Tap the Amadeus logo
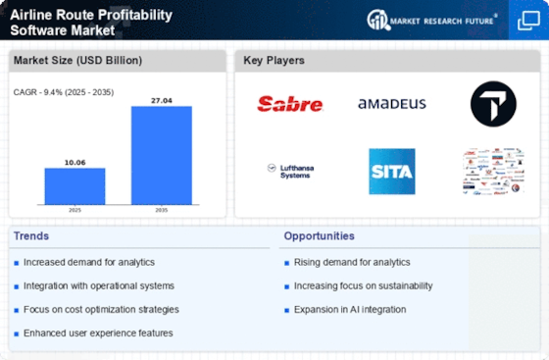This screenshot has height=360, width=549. pos(391,103)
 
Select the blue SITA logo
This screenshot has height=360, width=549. pos(391,171)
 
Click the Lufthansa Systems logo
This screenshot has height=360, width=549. pos(287,171)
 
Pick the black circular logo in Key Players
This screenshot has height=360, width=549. pos(492,103)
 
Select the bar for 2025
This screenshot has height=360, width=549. pos(75,185)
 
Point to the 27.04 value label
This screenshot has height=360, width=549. pos(161,99)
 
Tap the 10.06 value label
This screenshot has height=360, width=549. pos(75,162)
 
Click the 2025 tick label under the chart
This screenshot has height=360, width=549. pos(75,209)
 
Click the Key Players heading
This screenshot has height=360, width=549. pos(274,61)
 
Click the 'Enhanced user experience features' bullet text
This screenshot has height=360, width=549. pos(99,333)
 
